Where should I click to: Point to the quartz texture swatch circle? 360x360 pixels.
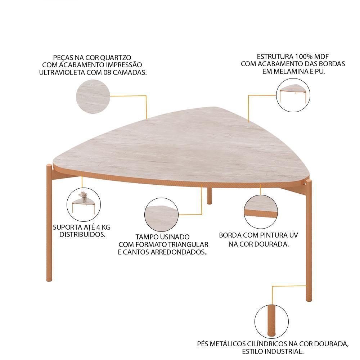coord(93,96)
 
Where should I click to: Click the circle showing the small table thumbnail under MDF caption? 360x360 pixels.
coord(293,95)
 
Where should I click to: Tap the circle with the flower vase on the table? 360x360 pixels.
coord(84,204)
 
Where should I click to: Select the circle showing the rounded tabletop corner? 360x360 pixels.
coord(161,215)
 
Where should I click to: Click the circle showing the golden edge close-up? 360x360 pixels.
coord(261,212)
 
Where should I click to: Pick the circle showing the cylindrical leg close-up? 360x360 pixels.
coord(271,321)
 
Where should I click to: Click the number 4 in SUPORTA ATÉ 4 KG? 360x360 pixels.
coord(98,227)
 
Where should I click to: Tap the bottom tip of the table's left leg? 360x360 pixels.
coord(49,280)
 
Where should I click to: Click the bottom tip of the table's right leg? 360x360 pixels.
coord(309,301)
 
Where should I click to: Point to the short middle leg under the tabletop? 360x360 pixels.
coord(209,195)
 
